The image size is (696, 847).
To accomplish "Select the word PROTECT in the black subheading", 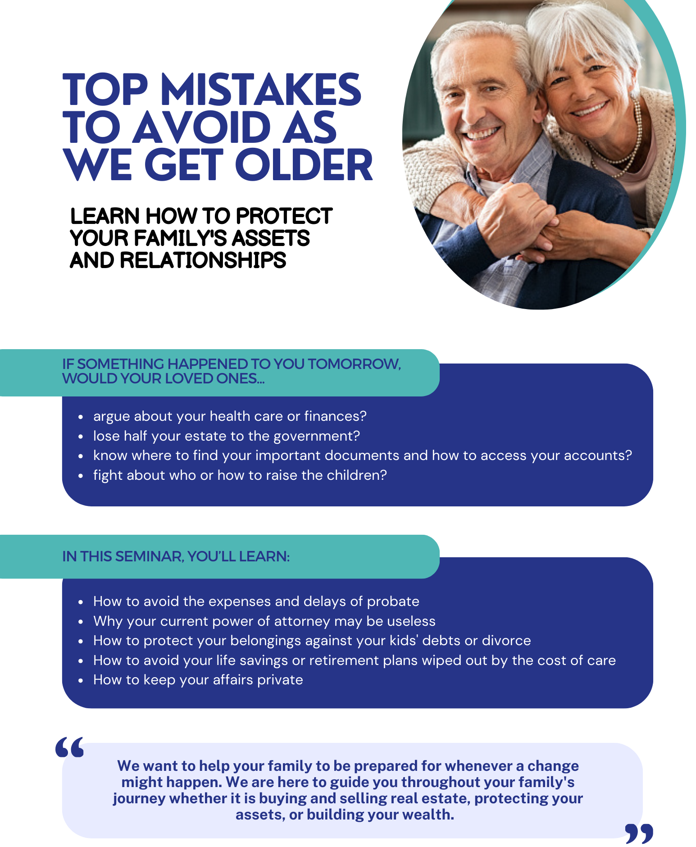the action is (x=284, y=216).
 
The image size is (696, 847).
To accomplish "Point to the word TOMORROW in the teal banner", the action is (x=354, y=364).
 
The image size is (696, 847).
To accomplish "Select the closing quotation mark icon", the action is (x=639, y=833).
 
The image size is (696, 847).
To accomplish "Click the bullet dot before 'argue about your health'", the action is (x=81, y=417).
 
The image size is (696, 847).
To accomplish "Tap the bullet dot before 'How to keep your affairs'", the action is (x=81, y=680).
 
